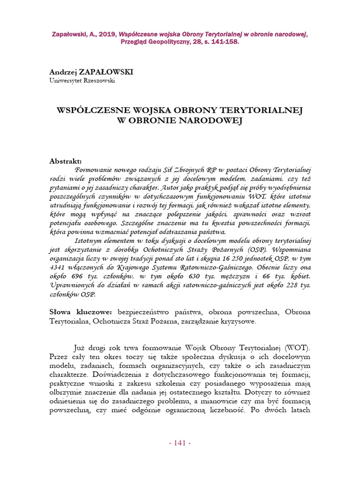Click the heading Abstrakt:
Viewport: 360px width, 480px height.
coord(66,161)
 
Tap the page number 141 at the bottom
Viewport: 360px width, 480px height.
coord(180,443)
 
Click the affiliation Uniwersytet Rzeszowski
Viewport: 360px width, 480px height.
coord(82,80)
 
